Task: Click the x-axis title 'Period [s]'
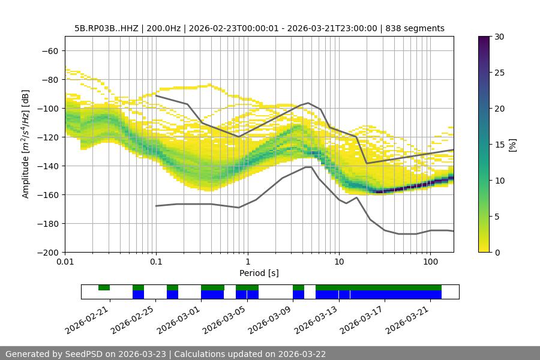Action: (x=259, y=273)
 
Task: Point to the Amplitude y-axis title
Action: (x=26, y=144)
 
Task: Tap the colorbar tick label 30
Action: (x=499, y=37)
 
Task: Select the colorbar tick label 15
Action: (x=499, y=145)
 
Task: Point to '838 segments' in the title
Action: (x=415, y=28)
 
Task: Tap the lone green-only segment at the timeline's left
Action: (x=104, y=287)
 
